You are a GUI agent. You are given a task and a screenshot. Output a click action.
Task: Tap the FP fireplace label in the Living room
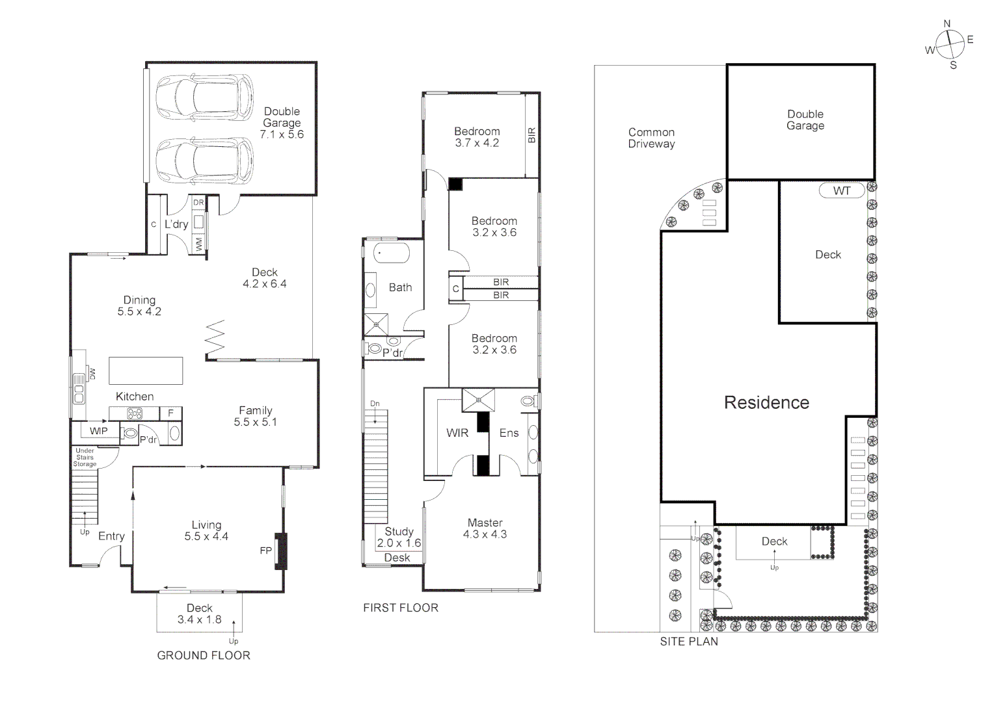(x=265, y=551)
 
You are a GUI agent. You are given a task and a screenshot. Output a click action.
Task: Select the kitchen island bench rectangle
(x=146, y=370)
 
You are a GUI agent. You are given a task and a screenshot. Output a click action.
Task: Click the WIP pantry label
(x=98, y=431)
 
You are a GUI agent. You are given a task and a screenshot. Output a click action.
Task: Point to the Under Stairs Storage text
(x=85, y=457)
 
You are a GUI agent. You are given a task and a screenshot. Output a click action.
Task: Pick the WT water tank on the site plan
(x=842, y=191)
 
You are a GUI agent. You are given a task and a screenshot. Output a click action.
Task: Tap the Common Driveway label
(x=651, y=138)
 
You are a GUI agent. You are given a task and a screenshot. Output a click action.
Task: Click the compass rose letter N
(x=947, y=24)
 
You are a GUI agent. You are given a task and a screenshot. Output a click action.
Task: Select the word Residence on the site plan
(x=766, y=402)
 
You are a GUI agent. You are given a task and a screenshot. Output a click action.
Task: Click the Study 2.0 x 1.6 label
(x=399, y=537)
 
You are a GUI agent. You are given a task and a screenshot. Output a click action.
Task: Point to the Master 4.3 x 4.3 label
(x=485, y=528)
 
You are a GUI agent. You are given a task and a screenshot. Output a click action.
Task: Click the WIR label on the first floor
(x=457, y=433)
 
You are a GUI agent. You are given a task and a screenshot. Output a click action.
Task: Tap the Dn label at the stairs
(x=375, y=404)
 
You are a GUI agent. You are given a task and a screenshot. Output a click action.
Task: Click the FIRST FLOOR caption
(x=401, y=608)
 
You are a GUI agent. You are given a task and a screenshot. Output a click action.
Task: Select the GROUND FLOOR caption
(x=204, y=655)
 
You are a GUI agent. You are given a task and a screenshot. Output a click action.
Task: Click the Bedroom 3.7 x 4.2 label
(x=477, y=137)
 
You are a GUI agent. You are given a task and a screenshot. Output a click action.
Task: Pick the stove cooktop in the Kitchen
(x=135, y=413)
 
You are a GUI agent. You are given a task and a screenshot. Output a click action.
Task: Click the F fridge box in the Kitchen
(x=171, y=413)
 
